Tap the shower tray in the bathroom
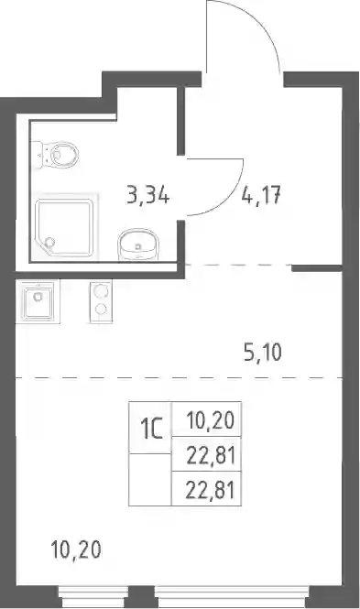[x=64, y=228]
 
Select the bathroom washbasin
[x=138, y=245]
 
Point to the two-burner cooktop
[x=101, y=301]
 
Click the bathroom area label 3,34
[x=148, y=195]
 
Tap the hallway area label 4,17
[x=261, y=195]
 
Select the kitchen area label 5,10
[x=263, y=353]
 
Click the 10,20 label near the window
[x=76, y=549]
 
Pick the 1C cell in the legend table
[x=150, y=428]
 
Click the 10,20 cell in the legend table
[x=207, y=419]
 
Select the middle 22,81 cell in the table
[x=207, y=454]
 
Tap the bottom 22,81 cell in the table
[x=207, y=489]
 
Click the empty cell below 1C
[x=150, y=479]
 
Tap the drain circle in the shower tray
[x=49, y=243]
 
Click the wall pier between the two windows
[x=141, y=597]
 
